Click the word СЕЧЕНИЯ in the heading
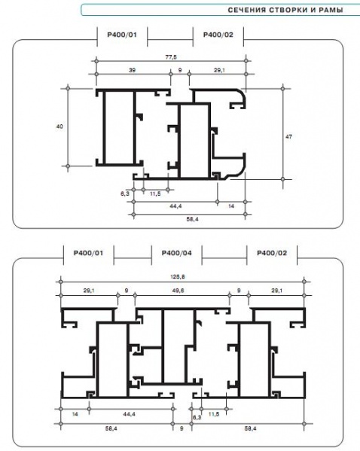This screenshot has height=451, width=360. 247,10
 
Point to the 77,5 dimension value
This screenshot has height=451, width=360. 171,57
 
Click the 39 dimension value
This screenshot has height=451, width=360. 132,70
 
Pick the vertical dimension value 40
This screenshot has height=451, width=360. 59,126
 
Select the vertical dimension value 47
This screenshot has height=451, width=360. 288,136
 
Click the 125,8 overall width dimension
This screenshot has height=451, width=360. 178,276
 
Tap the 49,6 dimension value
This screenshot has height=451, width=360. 178,291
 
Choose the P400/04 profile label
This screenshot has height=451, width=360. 177,253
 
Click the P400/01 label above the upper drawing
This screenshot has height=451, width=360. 122,35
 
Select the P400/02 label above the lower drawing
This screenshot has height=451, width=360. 272,253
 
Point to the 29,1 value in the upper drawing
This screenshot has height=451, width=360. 220,70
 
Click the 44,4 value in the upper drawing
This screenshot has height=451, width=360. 175,206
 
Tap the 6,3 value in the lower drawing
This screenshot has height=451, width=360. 197,417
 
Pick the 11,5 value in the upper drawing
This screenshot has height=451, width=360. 155,194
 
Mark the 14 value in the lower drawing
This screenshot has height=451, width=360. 75,414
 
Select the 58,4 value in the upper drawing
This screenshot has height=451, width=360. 192,219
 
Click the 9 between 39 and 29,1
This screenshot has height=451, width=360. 180,70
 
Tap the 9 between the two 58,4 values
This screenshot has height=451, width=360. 182,428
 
